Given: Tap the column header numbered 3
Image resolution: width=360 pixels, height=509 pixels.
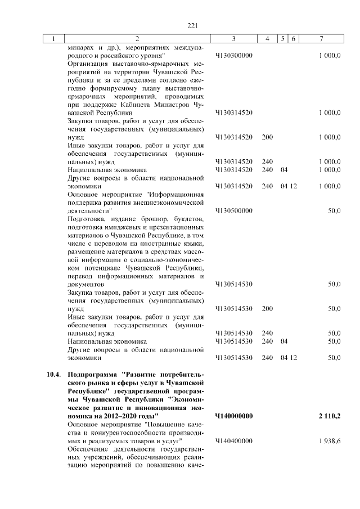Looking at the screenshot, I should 233,39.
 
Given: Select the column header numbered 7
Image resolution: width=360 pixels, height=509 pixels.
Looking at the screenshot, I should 321,39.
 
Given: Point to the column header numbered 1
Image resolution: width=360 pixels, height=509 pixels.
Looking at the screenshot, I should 53,39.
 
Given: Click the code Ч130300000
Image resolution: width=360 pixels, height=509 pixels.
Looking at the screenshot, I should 233,56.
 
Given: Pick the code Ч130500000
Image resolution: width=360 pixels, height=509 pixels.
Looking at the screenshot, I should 233,210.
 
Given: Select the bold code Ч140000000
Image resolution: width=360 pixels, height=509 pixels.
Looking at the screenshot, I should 233,416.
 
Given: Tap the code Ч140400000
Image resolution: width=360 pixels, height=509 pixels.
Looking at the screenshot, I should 233,441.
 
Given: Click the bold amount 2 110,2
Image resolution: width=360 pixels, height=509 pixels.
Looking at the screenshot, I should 328,416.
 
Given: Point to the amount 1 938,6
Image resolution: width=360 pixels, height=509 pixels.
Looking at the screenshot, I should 328,441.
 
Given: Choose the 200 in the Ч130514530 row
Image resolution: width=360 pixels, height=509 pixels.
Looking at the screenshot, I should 267,309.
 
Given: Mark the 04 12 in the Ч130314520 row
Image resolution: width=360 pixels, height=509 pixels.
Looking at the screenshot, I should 289,186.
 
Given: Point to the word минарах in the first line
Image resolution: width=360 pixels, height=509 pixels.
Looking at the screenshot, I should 79,48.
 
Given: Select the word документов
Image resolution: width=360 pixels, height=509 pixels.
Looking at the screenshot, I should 85,285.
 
